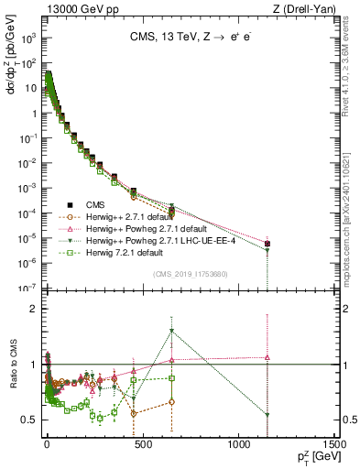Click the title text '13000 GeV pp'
73,9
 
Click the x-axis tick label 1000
237,443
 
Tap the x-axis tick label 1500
332,443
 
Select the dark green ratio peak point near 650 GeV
171,332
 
